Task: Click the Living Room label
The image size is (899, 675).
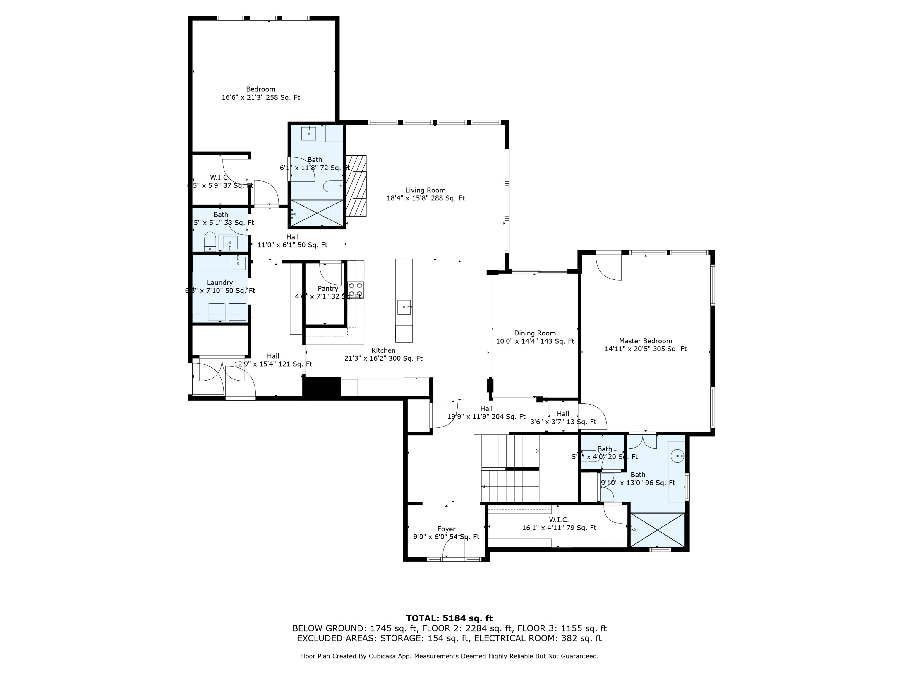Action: pyautogui.click(x=425, y=190)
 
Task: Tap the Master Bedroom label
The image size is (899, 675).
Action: pyautogui.click(x=645, y=341)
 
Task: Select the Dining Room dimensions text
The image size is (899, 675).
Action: pyautogui.click(x=535, y=341)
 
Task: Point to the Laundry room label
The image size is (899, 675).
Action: pyautogui.click(x=220, y=282)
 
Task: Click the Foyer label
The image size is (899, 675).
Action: pyautogui.click(x=446, y=529)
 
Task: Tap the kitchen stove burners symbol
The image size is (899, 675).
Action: pyautogui.click(x=356, y=289)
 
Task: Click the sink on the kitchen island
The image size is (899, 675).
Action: pyautogui.click(x=404, y=307)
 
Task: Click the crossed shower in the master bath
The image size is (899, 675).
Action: pyautogui.click(x=657, y=530)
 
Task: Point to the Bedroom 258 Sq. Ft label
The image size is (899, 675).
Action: pyautogui.click(x=260, y=93)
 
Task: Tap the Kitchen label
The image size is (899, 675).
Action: pyautogui.click(x=383, y=350)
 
